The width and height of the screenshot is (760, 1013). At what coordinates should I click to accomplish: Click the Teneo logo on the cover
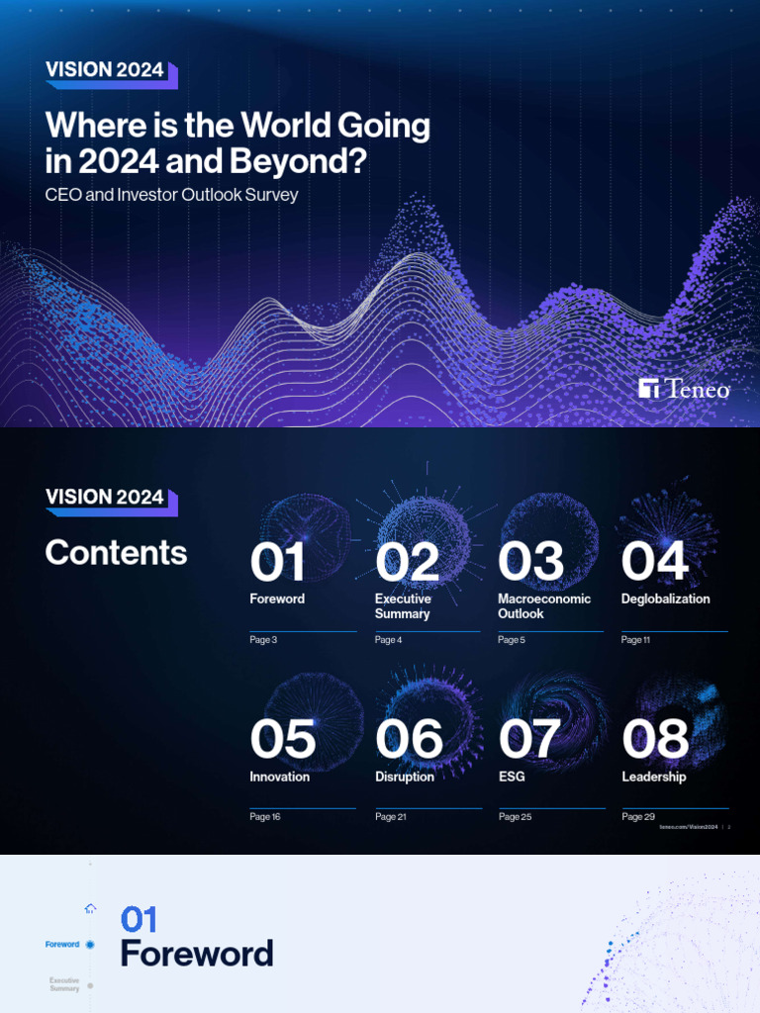coord(684,389)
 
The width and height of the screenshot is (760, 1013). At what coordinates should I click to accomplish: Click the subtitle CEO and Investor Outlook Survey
coord(171,195)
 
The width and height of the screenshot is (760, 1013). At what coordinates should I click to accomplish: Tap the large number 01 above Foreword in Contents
coord(277,563)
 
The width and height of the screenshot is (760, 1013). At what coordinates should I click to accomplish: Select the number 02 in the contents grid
coord(407,563)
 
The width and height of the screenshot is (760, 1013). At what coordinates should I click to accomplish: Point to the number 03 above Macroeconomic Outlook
coord(530,563)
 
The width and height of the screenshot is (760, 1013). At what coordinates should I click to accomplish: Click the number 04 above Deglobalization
coord(654,563)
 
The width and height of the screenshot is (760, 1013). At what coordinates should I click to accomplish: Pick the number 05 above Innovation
coord(282,740)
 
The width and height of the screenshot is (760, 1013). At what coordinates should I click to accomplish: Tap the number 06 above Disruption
coord(409,740)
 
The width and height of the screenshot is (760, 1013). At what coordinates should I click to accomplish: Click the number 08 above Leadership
coord(655,740)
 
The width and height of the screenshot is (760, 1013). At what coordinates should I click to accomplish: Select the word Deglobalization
coord(665,599)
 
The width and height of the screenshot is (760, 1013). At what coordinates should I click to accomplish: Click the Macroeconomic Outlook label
coord(543,605)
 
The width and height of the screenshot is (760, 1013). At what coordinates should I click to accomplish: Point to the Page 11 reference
coord(635,640)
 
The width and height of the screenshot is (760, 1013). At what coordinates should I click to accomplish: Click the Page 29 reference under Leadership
coord(638,817)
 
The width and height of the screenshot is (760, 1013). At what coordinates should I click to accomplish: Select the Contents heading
coord(116,553)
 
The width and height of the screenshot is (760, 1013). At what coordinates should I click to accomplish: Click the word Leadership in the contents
coord(653,777)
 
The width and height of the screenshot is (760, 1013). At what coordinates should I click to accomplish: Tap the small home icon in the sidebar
coord(90,908)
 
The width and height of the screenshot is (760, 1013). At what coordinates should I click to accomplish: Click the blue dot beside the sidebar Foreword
coord(90,945)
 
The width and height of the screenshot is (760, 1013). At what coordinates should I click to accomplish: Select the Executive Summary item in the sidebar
coord(65,984)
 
